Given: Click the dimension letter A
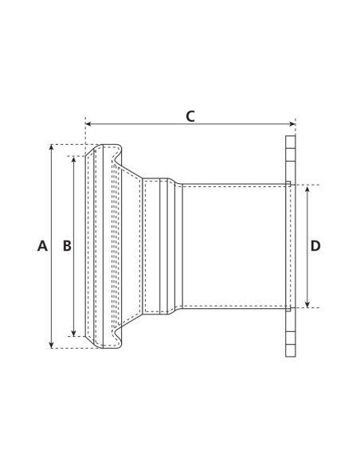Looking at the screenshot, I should (42, 247).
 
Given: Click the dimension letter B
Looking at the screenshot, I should (67, 247).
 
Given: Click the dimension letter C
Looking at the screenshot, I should (190, 116).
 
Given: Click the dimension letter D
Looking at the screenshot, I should (315, 246).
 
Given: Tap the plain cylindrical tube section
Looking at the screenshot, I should (231, 246).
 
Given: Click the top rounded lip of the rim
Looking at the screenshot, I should (107, 152).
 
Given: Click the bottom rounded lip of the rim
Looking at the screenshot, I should (107, 341).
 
